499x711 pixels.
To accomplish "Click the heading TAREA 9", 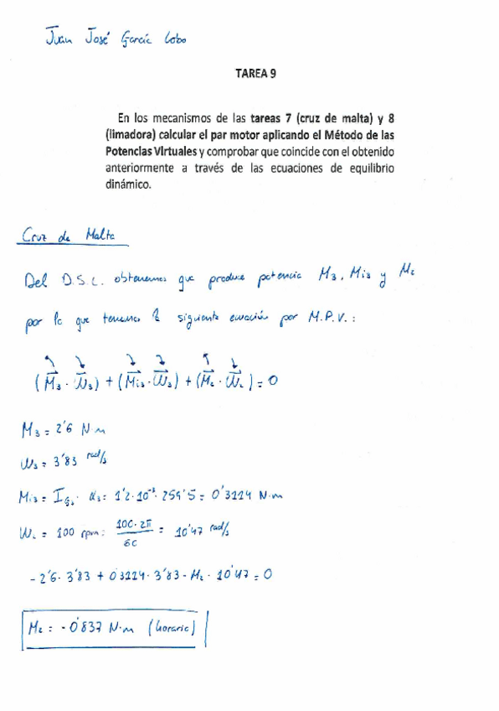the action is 257,74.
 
